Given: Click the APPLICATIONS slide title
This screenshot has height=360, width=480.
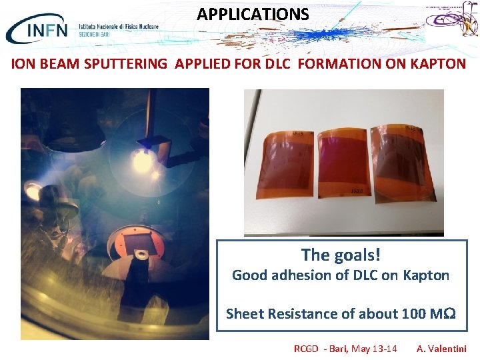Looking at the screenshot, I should click(253, 14).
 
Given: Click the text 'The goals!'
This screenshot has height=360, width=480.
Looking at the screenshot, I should click(341, 254).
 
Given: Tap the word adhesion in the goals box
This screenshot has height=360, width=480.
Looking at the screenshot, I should click(297, 275).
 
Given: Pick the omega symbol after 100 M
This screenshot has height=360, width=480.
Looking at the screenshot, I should click(449, 314).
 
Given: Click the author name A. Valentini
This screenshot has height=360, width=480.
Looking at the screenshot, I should click(441, 349).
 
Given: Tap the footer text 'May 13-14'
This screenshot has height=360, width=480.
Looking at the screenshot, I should click(373, 349).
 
